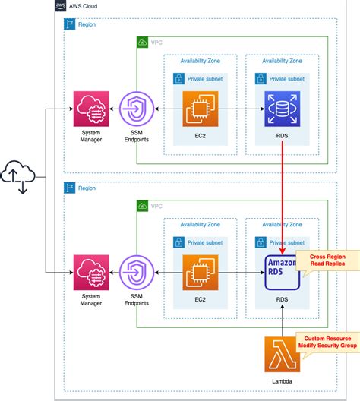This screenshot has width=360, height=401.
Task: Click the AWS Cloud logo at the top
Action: [x=62, y=5]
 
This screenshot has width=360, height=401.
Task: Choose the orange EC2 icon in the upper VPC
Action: [x=201, y=109]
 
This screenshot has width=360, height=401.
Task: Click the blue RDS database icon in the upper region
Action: [x=283, y=109]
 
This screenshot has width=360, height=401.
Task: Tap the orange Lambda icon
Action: [x=283, y=354]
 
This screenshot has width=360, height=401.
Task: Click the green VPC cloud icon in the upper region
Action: [x=143, y=43]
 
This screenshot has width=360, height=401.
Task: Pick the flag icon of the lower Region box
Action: [x=68, y=188]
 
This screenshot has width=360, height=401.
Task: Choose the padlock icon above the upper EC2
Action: [x=178, y=78]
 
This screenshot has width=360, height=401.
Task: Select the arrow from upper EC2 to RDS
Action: [x=242, y=109]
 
